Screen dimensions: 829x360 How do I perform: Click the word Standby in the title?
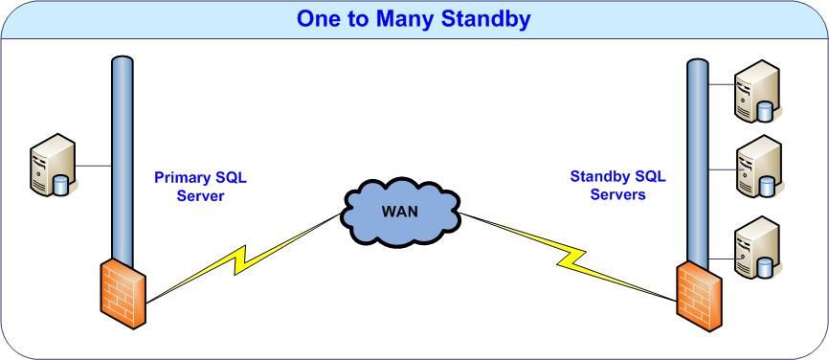[x=486, y=18]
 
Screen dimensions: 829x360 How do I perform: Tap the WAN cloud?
[x=401, y=212]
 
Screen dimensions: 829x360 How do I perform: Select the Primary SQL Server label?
[x=200, y=187]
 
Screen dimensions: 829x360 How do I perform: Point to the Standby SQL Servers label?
[x=617, y=185]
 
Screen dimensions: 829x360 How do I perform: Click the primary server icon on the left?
[x=53, y=165]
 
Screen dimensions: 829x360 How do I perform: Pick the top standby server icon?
[x=757, y=91]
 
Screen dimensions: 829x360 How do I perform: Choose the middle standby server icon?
[x=759, y=166]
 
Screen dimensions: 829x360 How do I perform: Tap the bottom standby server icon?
[x=757, y=247]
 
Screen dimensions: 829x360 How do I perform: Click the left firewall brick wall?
[x=123, y=292]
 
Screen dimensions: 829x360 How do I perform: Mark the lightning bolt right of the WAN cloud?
[x=569, y=257]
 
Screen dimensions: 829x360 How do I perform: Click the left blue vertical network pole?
[x=123, y=161]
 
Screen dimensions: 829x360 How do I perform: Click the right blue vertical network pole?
[x=697, y=165]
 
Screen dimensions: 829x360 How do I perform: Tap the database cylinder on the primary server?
[x=61, y=185]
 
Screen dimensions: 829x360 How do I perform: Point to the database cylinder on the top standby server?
[x=765, y=111]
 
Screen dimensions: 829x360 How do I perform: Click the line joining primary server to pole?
[x=94, y=166]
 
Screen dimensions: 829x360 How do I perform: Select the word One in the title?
[x=318, y=19]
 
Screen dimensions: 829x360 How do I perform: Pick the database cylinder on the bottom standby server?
[x=765, y=268]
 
